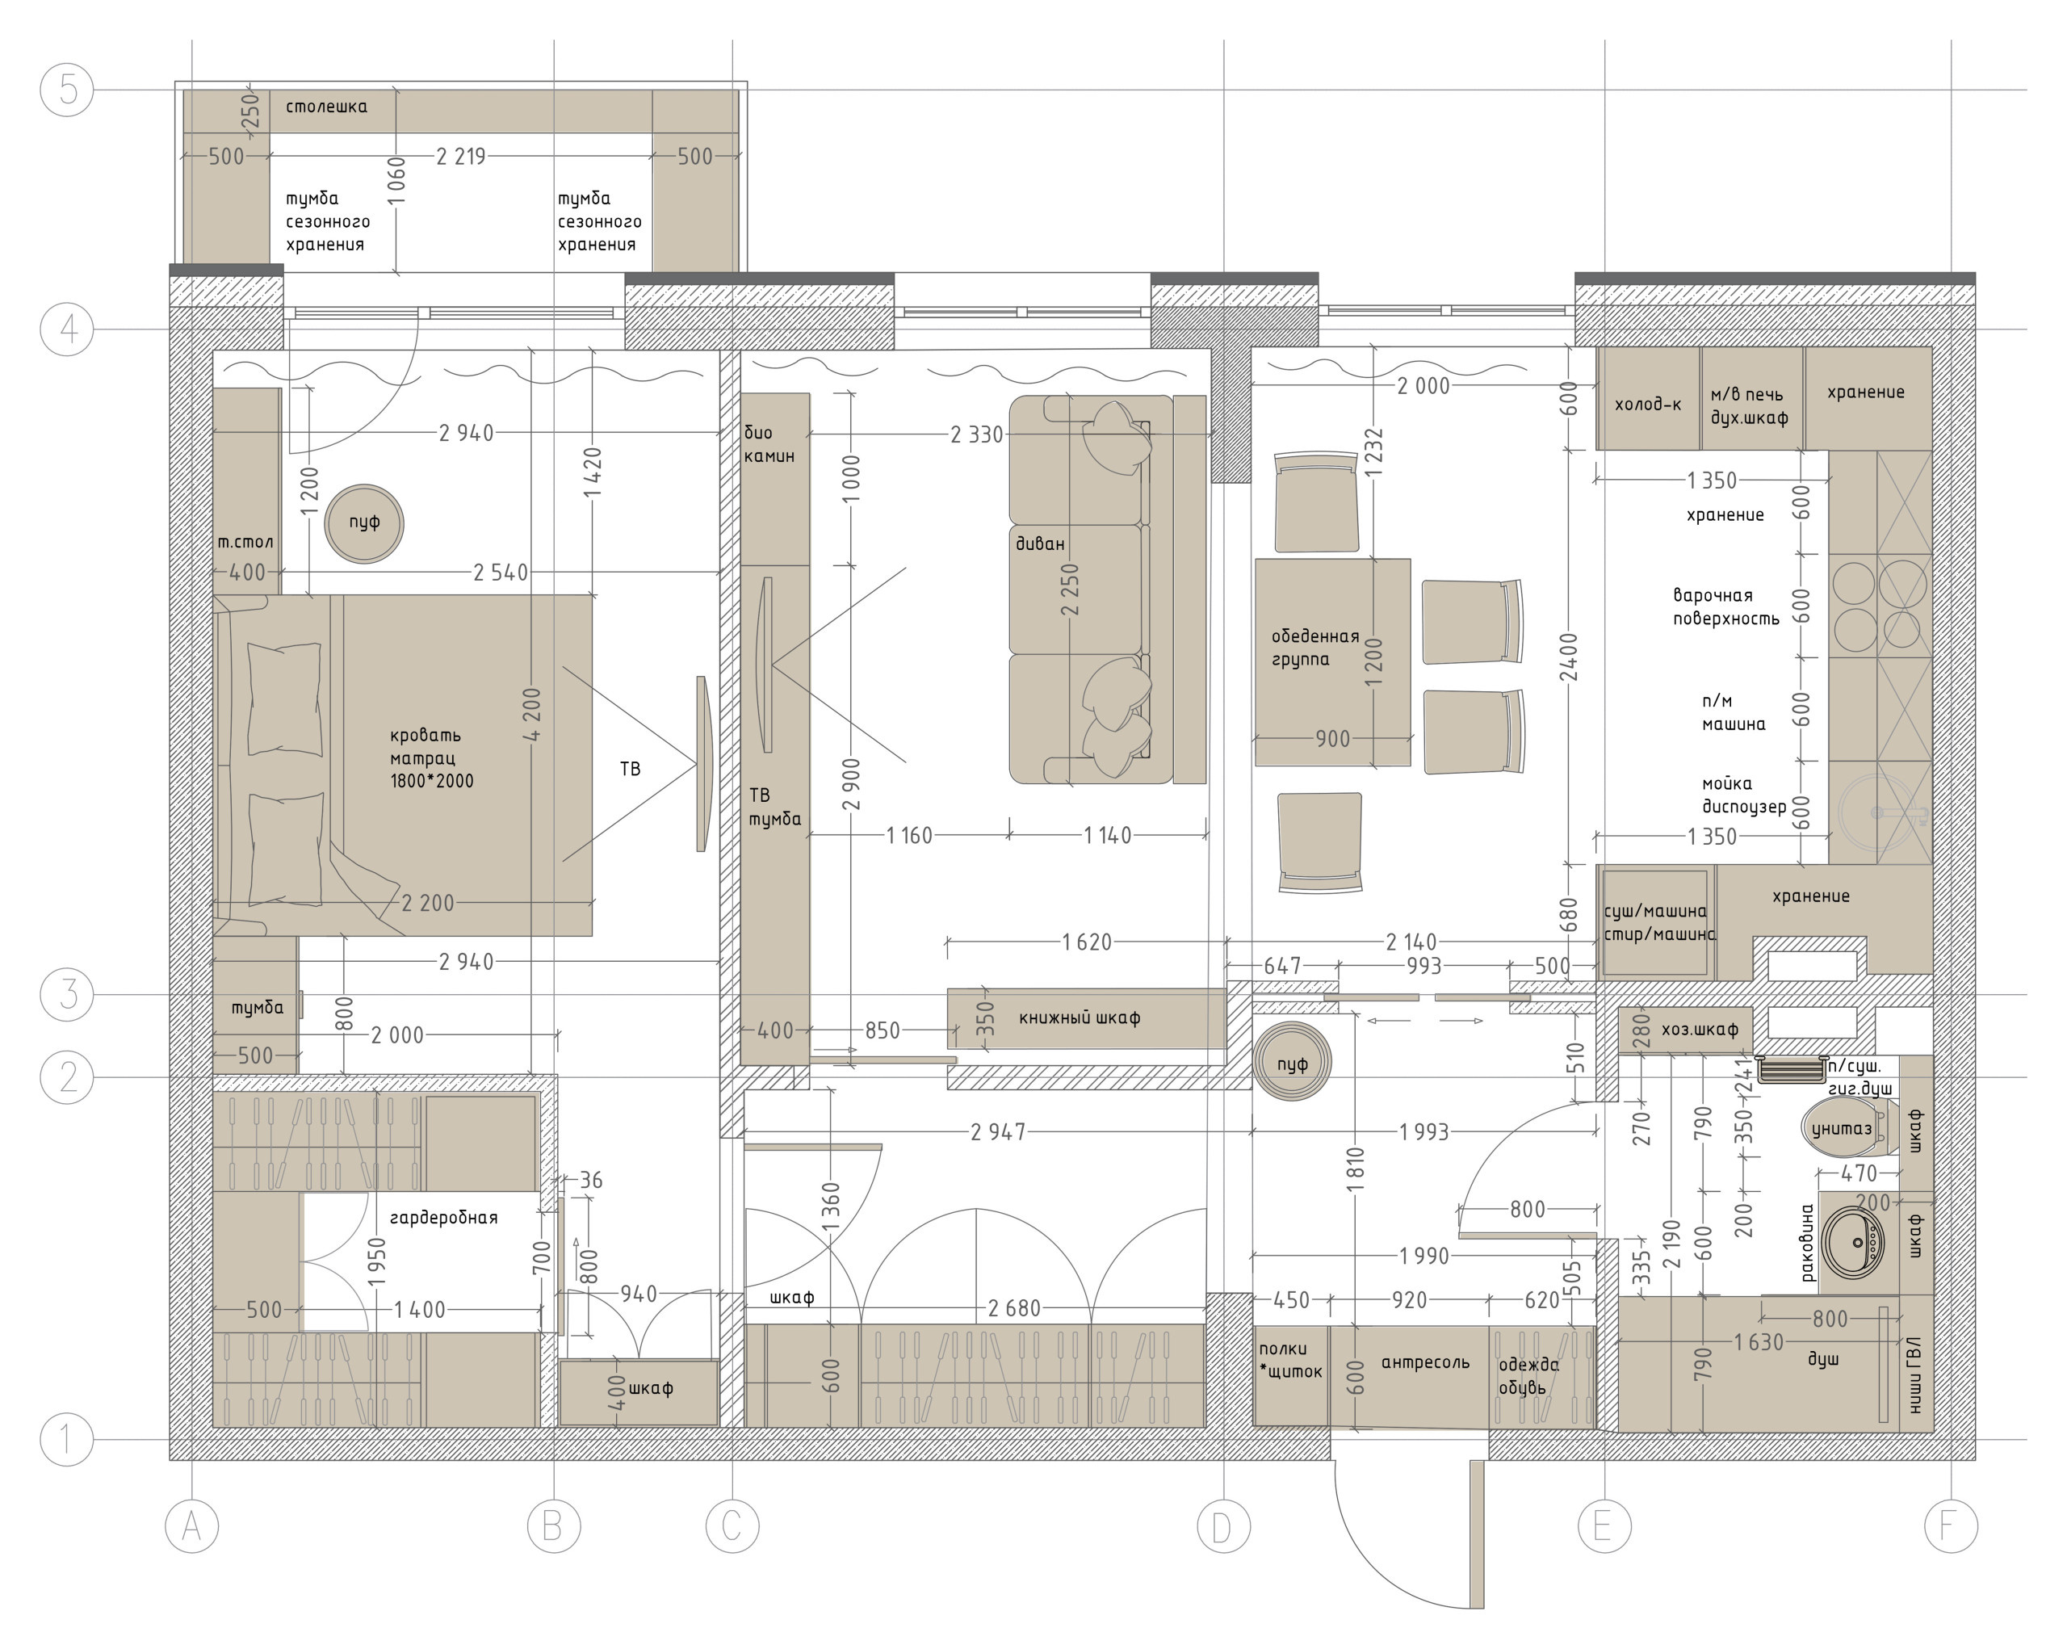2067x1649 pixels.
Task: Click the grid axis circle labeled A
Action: point(191,1525)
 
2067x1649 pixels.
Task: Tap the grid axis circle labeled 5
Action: point(67,90)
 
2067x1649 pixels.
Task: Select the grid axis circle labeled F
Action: point(1951,1525)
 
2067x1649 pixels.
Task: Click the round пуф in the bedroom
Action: point(364,523)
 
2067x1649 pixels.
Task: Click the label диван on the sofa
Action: point(1040,543)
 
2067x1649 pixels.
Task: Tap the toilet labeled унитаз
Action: point(1845,1130)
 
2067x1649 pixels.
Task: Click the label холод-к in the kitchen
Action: point(1648,405)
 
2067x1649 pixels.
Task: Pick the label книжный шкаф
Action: point(1080,1018)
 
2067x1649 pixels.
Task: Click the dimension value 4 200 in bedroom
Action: point(532,714)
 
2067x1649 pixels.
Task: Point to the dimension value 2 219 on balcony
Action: point(461,157)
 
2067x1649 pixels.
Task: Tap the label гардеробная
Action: point(444,1219)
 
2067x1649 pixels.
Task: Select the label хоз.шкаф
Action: point(1700,1030)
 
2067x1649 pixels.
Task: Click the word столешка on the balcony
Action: point(327,107)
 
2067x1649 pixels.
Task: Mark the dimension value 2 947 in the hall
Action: point(998,1132)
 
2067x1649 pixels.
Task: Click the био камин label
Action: point(769,444)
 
